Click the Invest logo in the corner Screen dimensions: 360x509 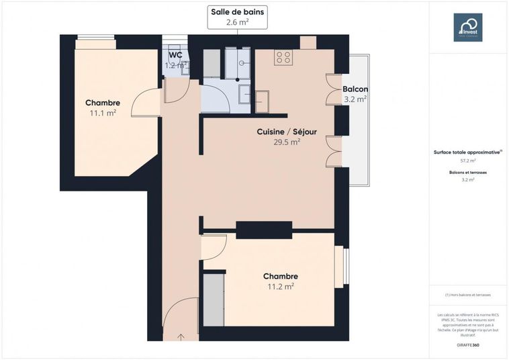point(467,28)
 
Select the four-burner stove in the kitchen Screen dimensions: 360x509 point(283,58)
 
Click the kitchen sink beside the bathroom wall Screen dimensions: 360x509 point(261,101)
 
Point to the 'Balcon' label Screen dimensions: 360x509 point(355,89)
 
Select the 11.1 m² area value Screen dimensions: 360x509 point(103,114)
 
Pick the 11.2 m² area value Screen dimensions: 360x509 point(281,286)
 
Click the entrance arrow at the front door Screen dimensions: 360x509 point(181,335)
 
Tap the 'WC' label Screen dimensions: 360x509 point(175,55)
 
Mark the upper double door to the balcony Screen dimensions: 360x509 point(331,89)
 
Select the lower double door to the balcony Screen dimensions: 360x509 point(331,151)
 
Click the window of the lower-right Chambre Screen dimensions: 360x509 point(346,267)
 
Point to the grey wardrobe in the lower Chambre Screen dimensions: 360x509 point(213,298)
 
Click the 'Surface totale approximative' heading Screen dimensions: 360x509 point(467,152)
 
